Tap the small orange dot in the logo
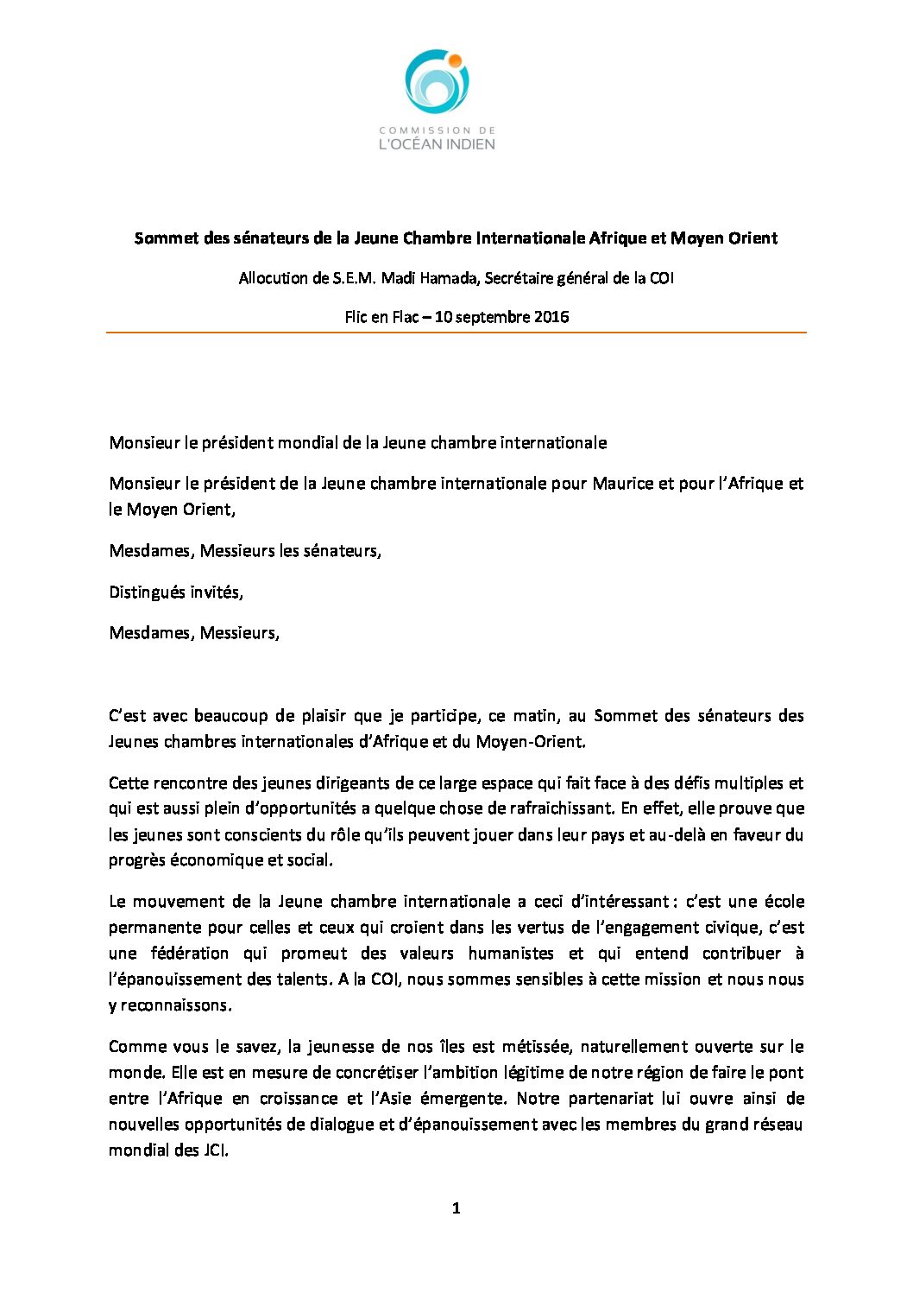[x=455, y=60]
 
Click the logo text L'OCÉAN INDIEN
[x=437, y=144]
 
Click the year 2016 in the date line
[x=551, y=316]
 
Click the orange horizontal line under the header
[x=456, y=333]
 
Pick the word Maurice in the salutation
[x=622, y=484]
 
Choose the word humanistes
[x=511, y=954]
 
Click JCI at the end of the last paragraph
[x=216, y=1150]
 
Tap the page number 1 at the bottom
[x=456, y=1208]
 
